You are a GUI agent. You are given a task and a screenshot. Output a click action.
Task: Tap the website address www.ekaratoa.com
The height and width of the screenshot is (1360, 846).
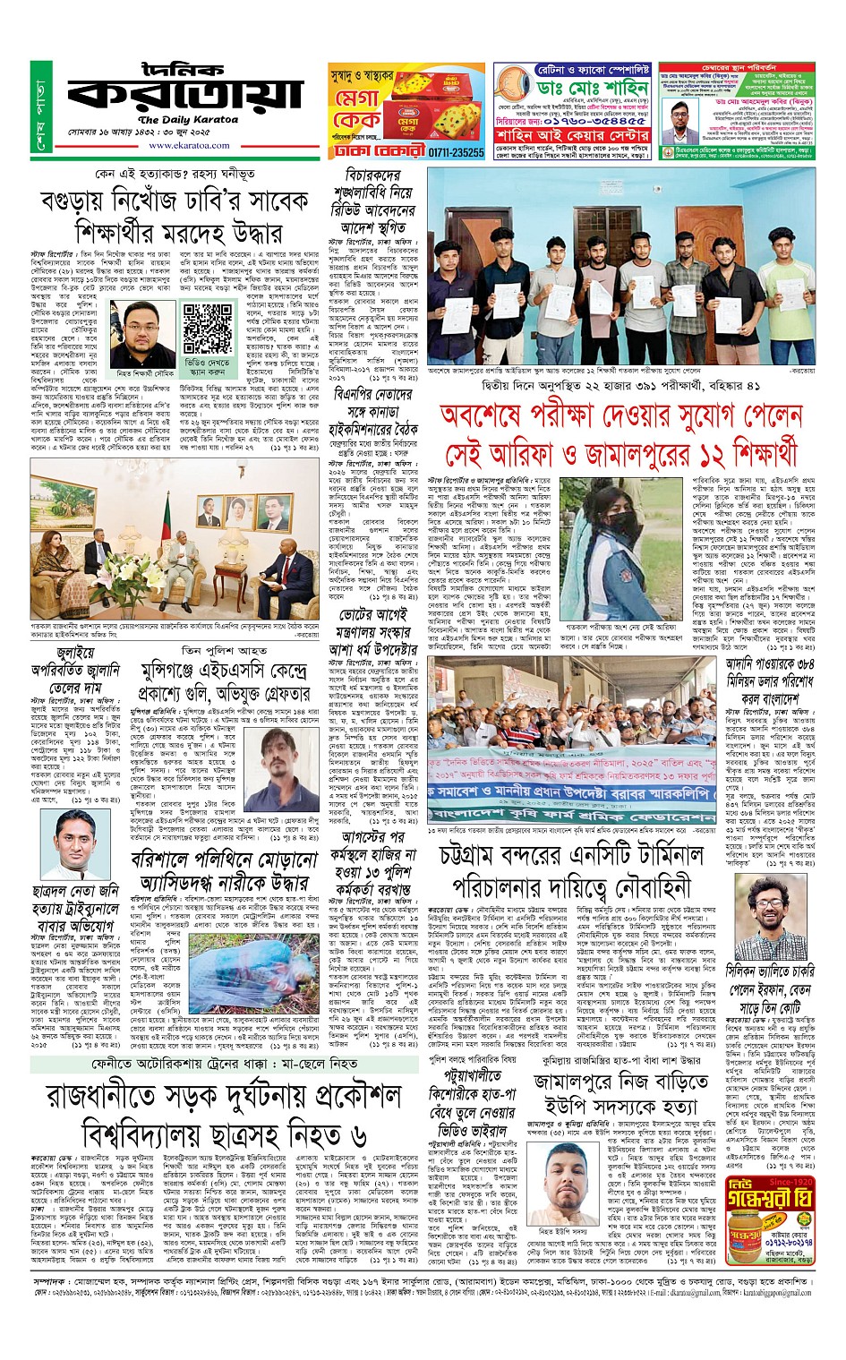176,146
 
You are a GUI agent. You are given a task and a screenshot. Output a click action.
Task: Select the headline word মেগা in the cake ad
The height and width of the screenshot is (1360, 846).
358,98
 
